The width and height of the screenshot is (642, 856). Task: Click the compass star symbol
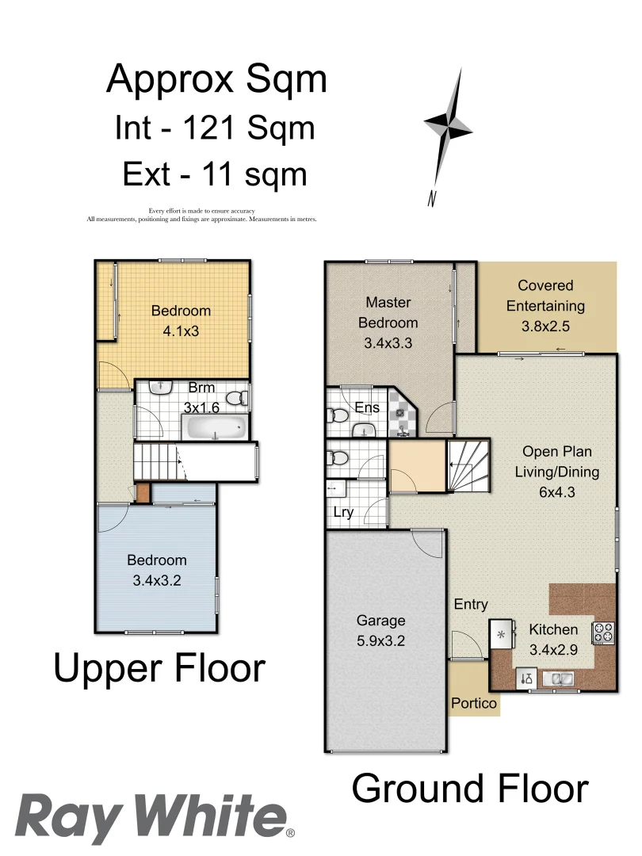[x=448, y=125]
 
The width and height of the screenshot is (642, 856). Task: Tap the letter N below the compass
[x=433, y=199]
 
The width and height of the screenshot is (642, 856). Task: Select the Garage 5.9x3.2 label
[x=380, y=631]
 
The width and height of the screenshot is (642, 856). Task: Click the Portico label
[x=473, y=703]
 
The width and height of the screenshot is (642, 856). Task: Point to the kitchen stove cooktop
[x=603, y=632]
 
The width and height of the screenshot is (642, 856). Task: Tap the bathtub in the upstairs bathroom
[x=215, y=430]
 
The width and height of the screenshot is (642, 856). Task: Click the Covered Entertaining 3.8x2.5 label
[x=545, y=306]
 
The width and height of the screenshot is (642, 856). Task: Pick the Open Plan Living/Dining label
[x=556, y=472]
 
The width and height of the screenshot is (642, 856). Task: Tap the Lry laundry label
[x=343, y=512]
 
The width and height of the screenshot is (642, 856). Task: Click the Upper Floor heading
[x=159, y=668]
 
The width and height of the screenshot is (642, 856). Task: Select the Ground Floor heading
[x=470, y=789]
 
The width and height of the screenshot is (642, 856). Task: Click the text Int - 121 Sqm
[x=215, y=127]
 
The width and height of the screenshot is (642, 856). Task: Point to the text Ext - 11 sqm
[x=215, y=174]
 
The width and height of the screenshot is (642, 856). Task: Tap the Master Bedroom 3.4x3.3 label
[x=388, y=323]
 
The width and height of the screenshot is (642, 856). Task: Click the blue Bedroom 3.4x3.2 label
[x=157, y=570]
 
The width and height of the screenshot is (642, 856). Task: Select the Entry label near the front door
[x=471, y=605]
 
